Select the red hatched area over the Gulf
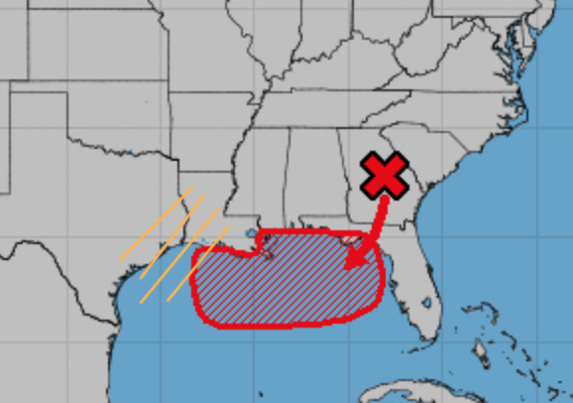tap(287, 283)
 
